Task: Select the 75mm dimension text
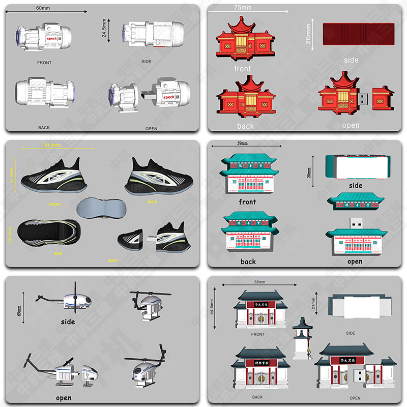(x=243, y=8)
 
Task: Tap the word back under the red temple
(x=245, y=126)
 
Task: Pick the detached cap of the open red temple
(x=382, y=98)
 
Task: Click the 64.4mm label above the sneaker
(x=52, y=145)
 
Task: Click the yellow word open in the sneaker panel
(x=112, y=260)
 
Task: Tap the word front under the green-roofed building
(x=247, y=202)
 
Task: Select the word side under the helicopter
(x=68, y=322)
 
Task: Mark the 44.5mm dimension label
(x=212, y=307)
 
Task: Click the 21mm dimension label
(x=314, y=304)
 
